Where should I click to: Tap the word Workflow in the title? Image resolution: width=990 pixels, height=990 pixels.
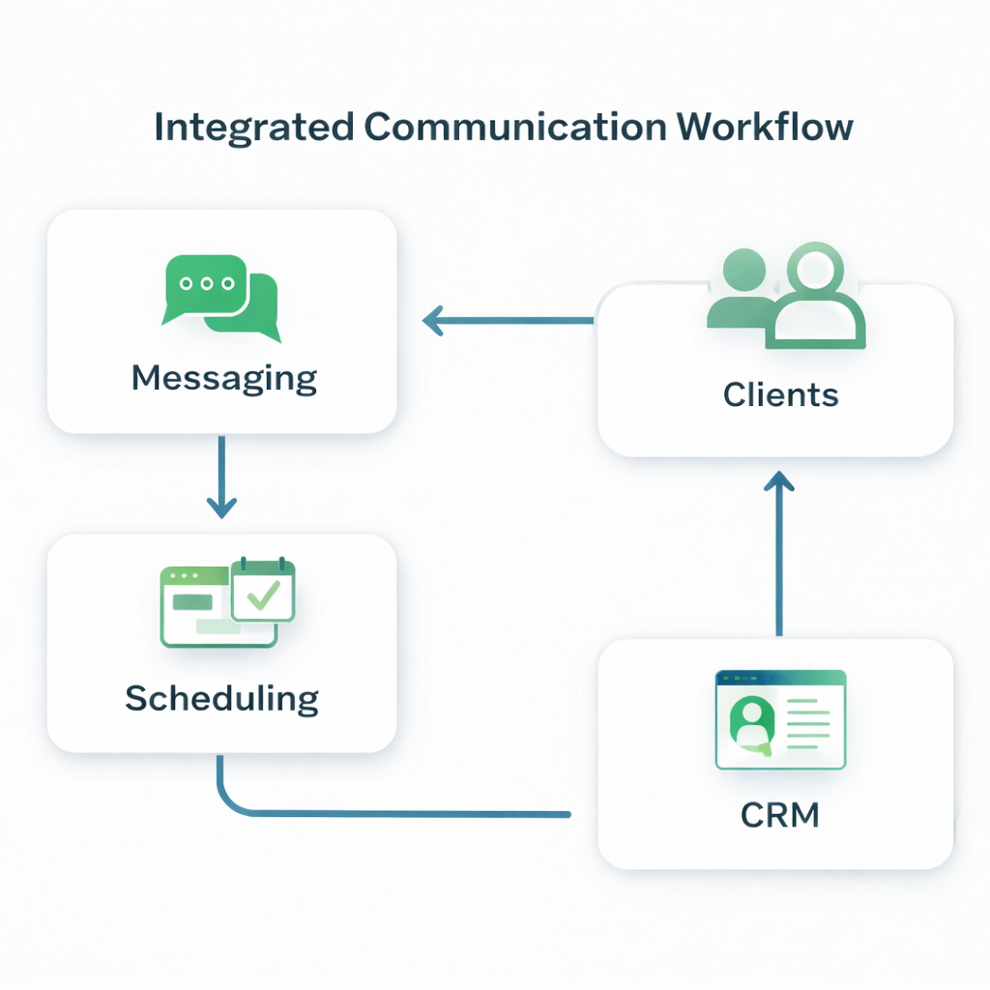click(763, 128)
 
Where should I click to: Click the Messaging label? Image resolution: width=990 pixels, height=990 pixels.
click(223, 378)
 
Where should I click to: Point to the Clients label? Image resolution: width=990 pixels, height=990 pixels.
click(780, 393)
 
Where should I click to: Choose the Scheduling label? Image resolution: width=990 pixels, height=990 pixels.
click(221, 698)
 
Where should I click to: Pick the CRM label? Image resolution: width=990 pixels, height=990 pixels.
click(779, 815)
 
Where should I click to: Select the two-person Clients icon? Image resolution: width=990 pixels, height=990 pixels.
click(786, 297)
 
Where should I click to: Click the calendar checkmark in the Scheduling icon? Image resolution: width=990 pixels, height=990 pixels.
click(262, 593)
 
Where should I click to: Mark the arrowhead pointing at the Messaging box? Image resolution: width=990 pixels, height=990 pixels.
click(433, 320)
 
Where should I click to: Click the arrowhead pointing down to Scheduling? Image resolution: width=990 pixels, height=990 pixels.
click(221, 506)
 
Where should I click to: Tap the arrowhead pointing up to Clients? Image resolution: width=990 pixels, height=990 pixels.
click(778, 480)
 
